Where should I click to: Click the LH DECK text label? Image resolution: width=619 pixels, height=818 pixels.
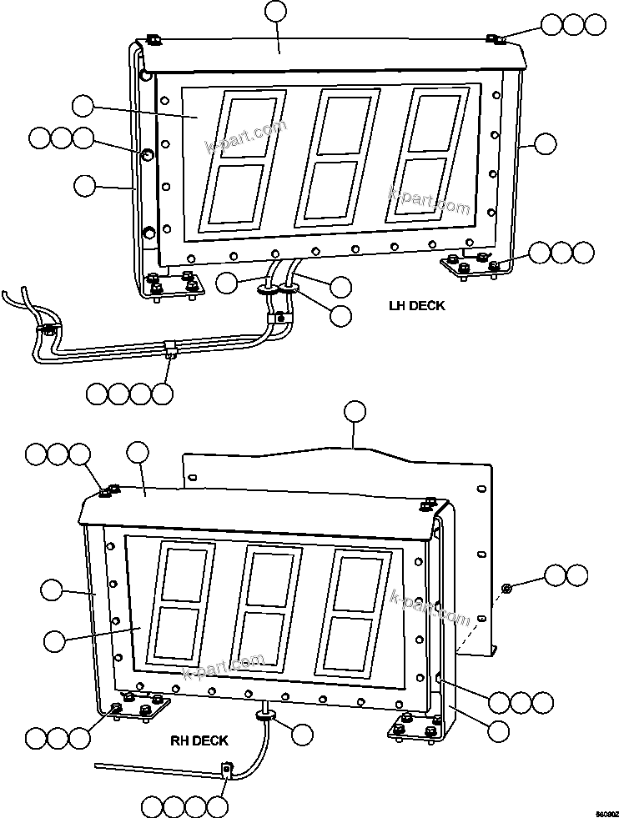coord(416,306)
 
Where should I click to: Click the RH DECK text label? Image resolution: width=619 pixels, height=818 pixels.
coord(199,740)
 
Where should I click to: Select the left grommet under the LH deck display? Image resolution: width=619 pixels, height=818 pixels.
coord(267,289)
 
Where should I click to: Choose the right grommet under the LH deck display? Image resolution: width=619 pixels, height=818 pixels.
coord(289,288)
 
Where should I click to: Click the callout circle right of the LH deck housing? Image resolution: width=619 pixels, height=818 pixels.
coord(545,143)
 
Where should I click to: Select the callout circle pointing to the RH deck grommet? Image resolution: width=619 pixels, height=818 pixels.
coord(302,734)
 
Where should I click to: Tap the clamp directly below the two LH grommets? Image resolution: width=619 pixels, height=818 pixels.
coord(278,317)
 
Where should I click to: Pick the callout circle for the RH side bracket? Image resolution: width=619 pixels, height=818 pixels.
coord(499,731)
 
